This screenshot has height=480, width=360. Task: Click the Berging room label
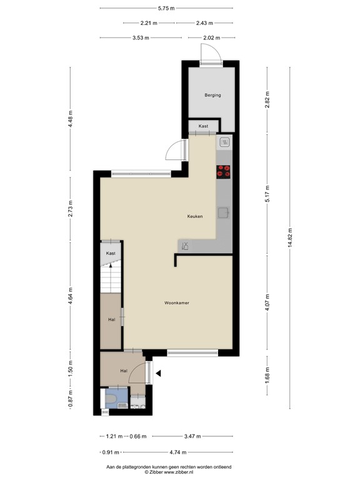point(212,96)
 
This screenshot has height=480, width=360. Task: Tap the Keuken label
point(195,216)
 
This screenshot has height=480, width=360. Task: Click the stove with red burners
point(224,171)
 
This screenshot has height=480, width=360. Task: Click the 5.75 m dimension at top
point(166,8)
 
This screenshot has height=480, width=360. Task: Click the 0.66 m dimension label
point(137,436)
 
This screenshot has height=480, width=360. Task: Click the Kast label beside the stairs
point(111,253)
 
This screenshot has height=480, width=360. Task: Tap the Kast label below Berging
point(203,126)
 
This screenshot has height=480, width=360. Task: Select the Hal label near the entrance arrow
point(125,371)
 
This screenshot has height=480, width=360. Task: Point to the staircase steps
point(111,277)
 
